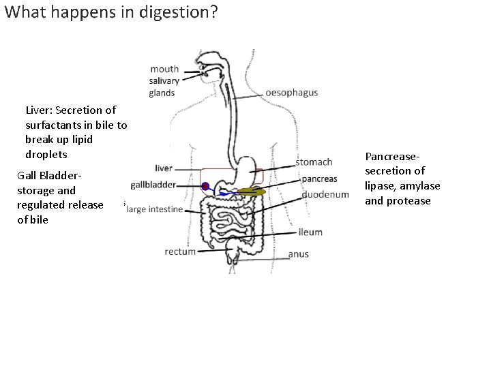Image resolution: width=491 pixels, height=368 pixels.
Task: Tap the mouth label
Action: coord(164,69)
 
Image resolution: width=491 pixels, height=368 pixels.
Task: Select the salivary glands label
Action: coord(163,87)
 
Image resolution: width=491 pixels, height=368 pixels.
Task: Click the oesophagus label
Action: coord(291,93)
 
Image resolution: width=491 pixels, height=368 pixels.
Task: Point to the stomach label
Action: coord(314,162)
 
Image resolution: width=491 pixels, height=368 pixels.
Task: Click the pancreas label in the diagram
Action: coord(319,179)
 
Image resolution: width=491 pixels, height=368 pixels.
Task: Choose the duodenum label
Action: coord(325,194)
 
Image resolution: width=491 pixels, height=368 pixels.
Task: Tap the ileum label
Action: coord(310,232)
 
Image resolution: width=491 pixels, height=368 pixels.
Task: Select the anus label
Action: coord(298,254)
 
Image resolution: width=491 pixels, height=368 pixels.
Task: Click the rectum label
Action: coord(180,251)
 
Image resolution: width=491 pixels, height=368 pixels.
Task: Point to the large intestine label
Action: coord(155,209)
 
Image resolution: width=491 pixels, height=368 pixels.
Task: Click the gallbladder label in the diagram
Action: coord(153,185)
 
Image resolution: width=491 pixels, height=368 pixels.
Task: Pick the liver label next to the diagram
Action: coord(164,168)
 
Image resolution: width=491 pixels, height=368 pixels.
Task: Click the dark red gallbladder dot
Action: coord(205,186)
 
